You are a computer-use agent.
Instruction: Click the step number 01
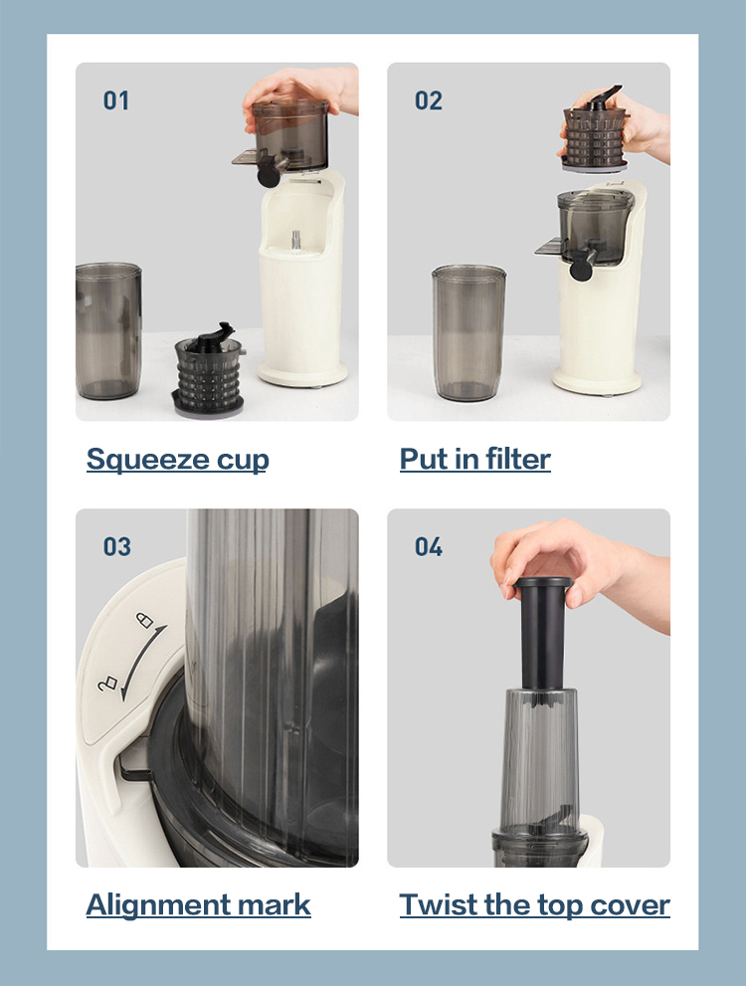[x=116, y=100]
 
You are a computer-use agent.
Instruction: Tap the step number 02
[x=428, y=100]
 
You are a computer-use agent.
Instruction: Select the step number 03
[x=117, y=546]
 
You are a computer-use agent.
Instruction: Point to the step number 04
[x=429, y=546]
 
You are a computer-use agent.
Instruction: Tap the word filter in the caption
[x=517, y=459]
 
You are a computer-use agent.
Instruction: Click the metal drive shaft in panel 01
[x=296, y=241]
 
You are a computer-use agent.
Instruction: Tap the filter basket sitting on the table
[x=208, y=370]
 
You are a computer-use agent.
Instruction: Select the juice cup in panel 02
[x=468, y=333]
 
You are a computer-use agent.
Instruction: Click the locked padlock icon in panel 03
[x=145, y=620]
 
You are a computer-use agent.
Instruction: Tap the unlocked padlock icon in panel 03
[x=107, y=684]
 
